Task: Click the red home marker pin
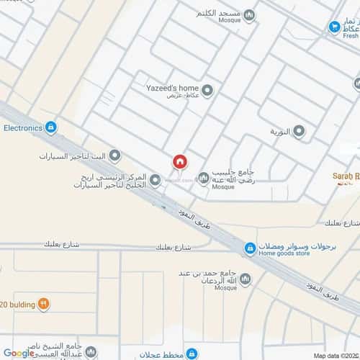pos(180,162)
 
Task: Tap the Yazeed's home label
pos(172,86)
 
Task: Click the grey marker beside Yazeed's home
pos(207,90)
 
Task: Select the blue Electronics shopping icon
pos(50,128)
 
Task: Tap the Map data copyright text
pos(334,355)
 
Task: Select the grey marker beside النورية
pos(298,132)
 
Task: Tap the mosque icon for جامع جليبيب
pos(204,178)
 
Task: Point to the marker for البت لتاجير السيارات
pos(118,156)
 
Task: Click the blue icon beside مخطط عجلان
pos(192,353)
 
